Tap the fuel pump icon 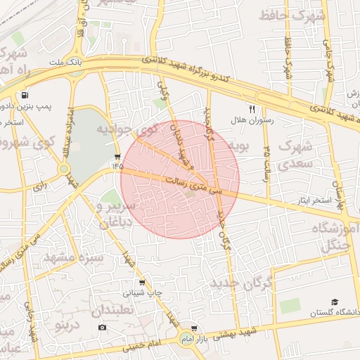pyautogui.click(x=26, y=96)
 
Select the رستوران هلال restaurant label pyautogui.click(x=252, y=120)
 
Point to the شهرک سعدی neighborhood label pyautogui.click(x=296, y=155)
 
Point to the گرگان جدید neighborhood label pyautogui.click(x=240, y=284)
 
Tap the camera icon pyautogui.click(x=103, y=328)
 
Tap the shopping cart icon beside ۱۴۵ pyautogui.click(x=117, y=156)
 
